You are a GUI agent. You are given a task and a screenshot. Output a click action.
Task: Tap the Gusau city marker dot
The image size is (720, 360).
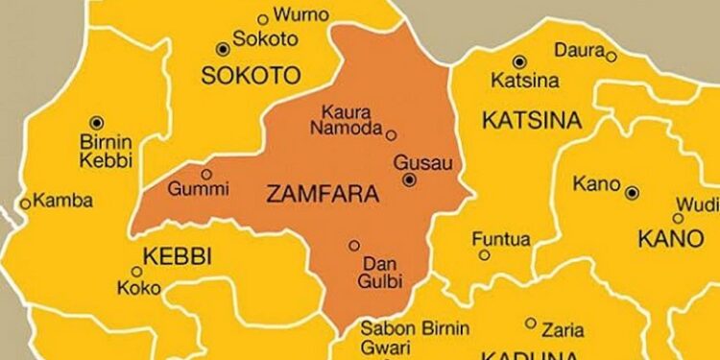(x=410, y=180)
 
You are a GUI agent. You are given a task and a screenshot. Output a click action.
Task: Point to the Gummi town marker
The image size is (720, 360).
(x=204, y=174)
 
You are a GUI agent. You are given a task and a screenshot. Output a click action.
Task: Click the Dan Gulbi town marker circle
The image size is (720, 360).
(x=354, y=245)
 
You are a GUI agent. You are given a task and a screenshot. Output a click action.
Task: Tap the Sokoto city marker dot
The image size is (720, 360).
(x=224, y=48)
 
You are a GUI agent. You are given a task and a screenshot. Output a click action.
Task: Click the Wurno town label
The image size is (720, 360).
(x=301, y=14)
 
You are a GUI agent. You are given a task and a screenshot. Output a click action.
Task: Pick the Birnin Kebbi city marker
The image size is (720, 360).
(x=96, y=122)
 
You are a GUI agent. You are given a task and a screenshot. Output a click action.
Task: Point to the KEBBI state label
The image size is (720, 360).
(x=177, y=255)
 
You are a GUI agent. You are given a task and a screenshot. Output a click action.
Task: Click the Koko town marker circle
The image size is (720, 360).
(x=135, y=272)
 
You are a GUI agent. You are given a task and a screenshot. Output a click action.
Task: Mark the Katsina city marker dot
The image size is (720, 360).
(x=519, y=60)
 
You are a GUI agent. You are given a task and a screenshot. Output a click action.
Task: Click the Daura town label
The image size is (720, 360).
(x=579, y=49)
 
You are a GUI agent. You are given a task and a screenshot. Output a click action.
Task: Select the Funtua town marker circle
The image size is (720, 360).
(x=485, y=254)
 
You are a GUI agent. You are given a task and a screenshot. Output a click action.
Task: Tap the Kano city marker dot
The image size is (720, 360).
(x=632, y=193)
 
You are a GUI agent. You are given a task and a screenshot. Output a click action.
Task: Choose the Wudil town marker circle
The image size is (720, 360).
(x=678, y=218)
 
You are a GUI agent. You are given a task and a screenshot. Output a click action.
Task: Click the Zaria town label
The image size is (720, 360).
(x=563, y=330)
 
